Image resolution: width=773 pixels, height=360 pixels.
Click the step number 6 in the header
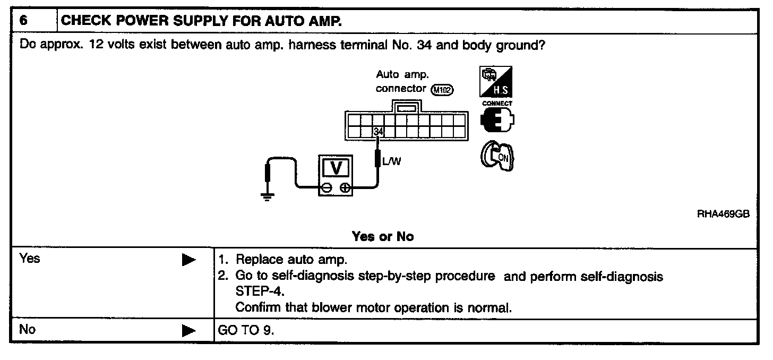[x=23, y=21]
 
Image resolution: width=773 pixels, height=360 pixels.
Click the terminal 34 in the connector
[x=377, y=131]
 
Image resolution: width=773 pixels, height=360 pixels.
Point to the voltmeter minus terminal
[x=327, y=187]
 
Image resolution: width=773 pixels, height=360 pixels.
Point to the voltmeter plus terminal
[x=345, y=187]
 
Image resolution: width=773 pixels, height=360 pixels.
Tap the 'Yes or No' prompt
[x=382, y=236]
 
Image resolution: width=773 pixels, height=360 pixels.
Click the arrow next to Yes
[x=188, y=260]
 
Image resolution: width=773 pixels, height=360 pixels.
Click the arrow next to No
[x=188, y=331]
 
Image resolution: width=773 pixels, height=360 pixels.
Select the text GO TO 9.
[x=246, y=330]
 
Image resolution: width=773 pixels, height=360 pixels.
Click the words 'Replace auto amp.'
[x=290, y=261]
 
